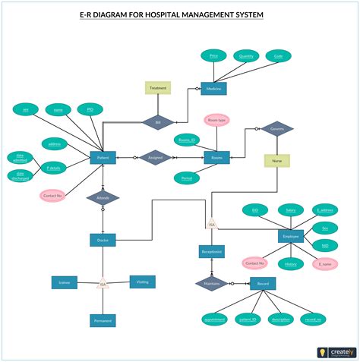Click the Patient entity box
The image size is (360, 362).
103,158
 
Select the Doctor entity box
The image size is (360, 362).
103,240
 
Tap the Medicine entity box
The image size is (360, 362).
213,89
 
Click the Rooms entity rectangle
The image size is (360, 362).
217,158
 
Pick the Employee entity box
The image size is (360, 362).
291,237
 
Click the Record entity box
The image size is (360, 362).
263,284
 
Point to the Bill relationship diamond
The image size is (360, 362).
158,121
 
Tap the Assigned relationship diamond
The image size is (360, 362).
155,157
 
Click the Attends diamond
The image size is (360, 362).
103,198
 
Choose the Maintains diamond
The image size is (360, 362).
211,284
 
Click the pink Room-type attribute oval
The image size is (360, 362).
216,120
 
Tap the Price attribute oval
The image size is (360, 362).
213,56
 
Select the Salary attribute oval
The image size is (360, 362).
290,209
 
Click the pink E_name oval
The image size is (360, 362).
326,264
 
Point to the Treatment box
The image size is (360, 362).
158,87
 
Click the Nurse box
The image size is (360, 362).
276,160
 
